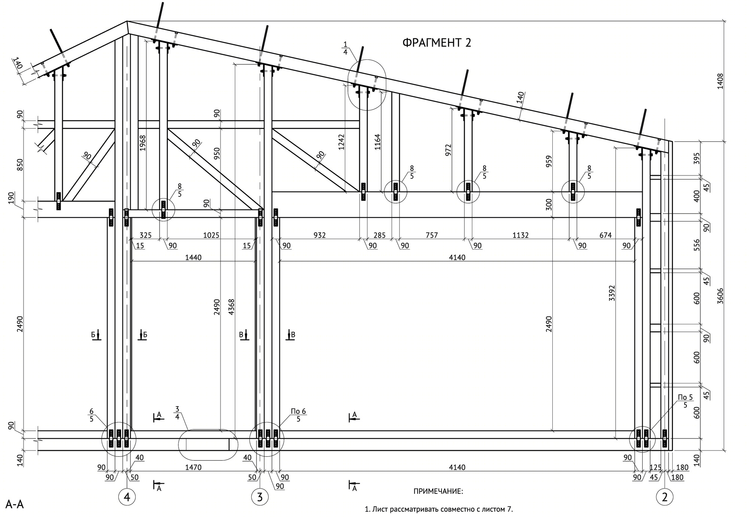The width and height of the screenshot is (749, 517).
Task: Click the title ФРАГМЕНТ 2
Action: coord(437,43)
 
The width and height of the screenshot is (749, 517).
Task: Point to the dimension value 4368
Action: coord(231,307)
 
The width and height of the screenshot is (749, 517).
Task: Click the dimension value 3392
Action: coord(612,293)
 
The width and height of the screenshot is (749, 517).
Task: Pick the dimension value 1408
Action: coord(719,81)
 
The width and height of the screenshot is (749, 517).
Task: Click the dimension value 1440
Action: coord(193,257)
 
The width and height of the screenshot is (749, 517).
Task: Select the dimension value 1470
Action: coord(193,467)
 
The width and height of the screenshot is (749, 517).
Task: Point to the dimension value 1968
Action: coord(142,143)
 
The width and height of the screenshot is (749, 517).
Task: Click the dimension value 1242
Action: coord(341,142)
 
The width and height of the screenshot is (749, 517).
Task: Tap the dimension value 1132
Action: coord(521,235)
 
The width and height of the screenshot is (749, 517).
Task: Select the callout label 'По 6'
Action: coord(298,412)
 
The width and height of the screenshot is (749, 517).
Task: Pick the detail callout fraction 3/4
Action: coord(177,412)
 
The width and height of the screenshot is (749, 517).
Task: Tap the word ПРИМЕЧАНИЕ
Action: coord(438,491)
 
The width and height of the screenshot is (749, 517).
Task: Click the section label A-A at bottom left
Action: coord(15,505)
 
